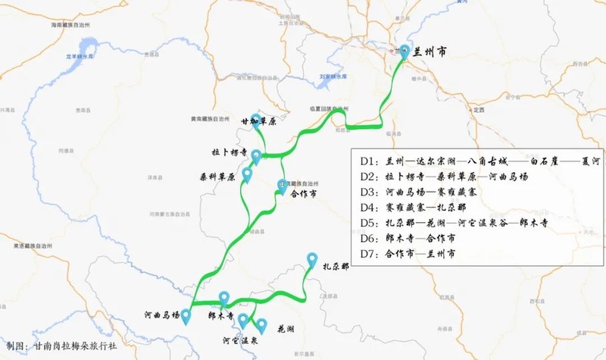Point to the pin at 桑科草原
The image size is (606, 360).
coord(246,174)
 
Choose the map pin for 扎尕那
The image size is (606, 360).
coord(311,260)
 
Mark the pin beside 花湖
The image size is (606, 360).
coord(262,326)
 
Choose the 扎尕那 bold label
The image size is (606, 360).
coord(336,267)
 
